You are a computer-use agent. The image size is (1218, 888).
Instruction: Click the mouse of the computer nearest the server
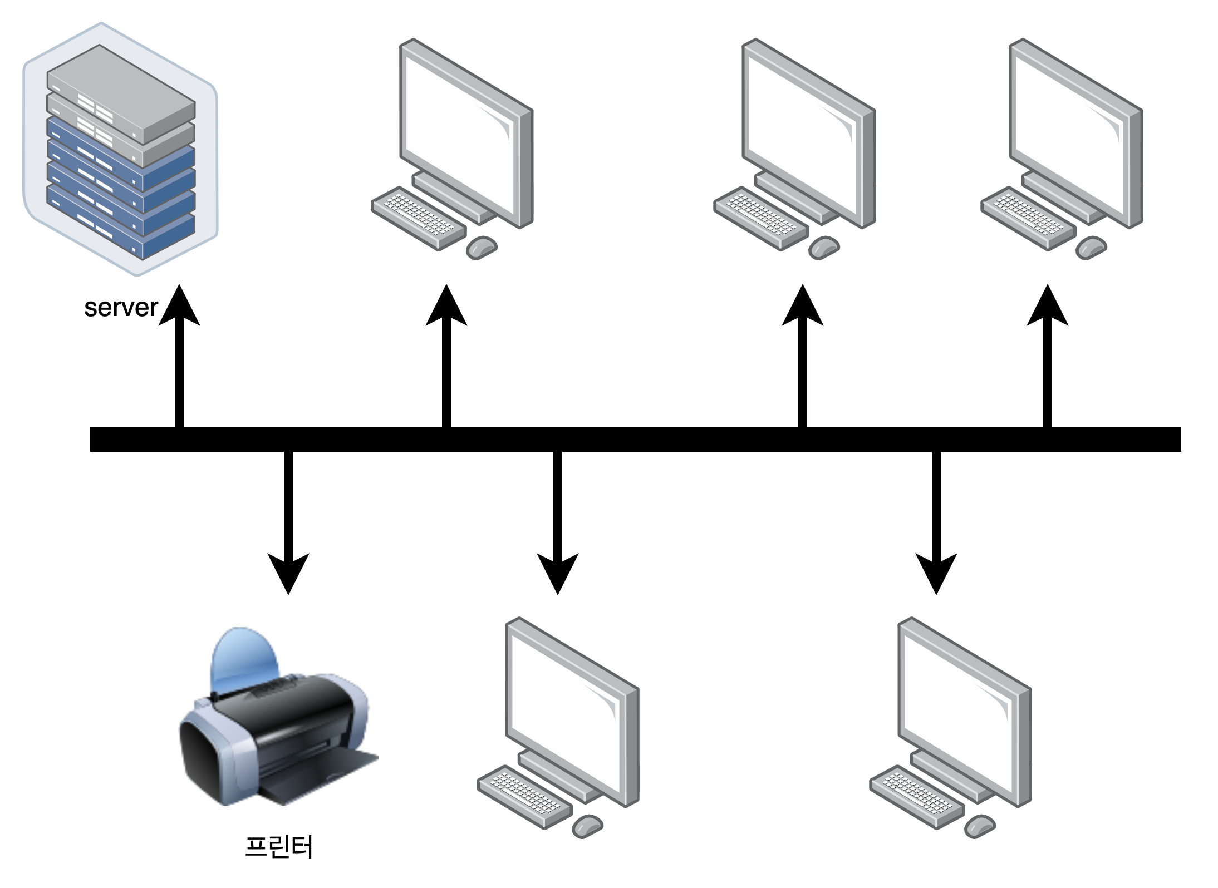click(x=482, y=247)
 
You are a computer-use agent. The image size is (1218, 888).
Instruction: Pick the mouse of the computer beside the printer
click(x=587, y=826)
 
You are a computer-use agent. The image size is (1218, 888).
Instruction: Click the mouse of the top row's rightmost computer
click(x=1091, y=247)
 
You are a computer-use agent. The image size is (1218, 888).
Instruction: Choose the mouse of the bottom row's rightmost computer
click(x=980, y=826)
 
